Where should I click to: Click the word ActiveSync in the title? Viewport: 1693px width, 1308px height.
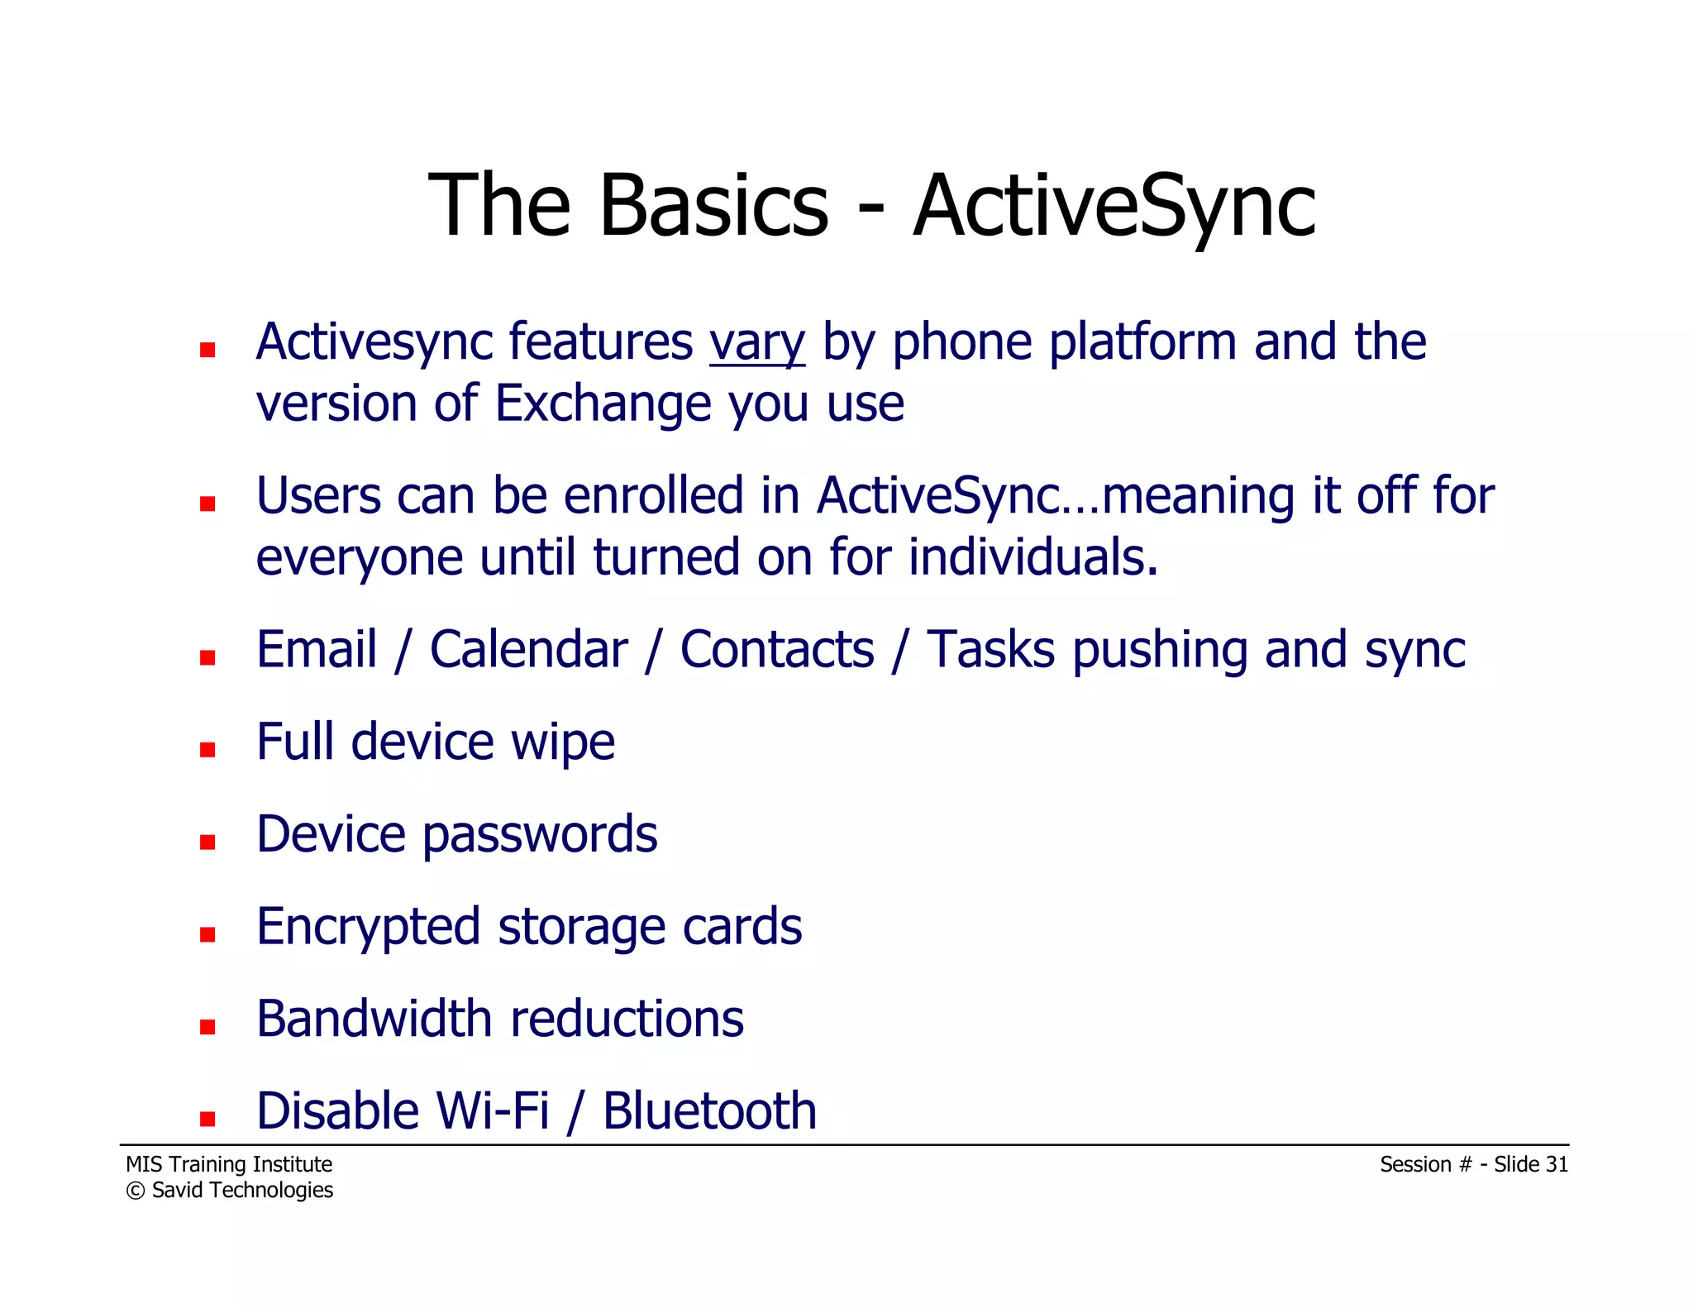(1114, 207)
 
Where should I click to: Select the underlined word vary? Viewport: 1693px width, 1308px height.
(756, 342)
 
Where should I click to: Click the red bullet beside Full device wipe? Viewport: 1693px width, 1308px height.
(207, 750)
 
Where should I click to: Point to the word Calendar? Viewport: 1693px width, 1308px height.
(528, 650)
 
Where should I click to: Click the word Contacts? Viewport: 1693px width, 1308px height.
(776, 650)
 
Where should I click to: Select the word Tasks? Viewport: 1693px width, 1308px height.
(990, 650)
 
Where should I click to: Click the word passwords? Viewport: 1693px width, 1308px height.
(540, 835)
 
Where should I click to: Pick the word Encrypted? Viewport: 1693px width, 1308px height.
(368, 928)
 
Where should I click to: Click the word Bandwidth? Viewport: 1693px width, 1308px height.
(374, 1019)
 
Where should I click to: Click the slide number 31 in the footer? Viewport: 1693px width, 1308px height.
(1557, 1164)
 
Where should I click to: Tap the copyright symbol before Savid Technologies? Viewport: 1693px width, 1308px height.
(135, 1191)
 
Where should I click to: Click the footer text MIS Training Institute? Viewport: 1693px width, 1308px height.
(229, 1164)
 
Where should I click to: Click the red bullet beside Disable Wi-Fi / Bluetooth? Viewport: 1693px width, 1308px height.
(207, 1119)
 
